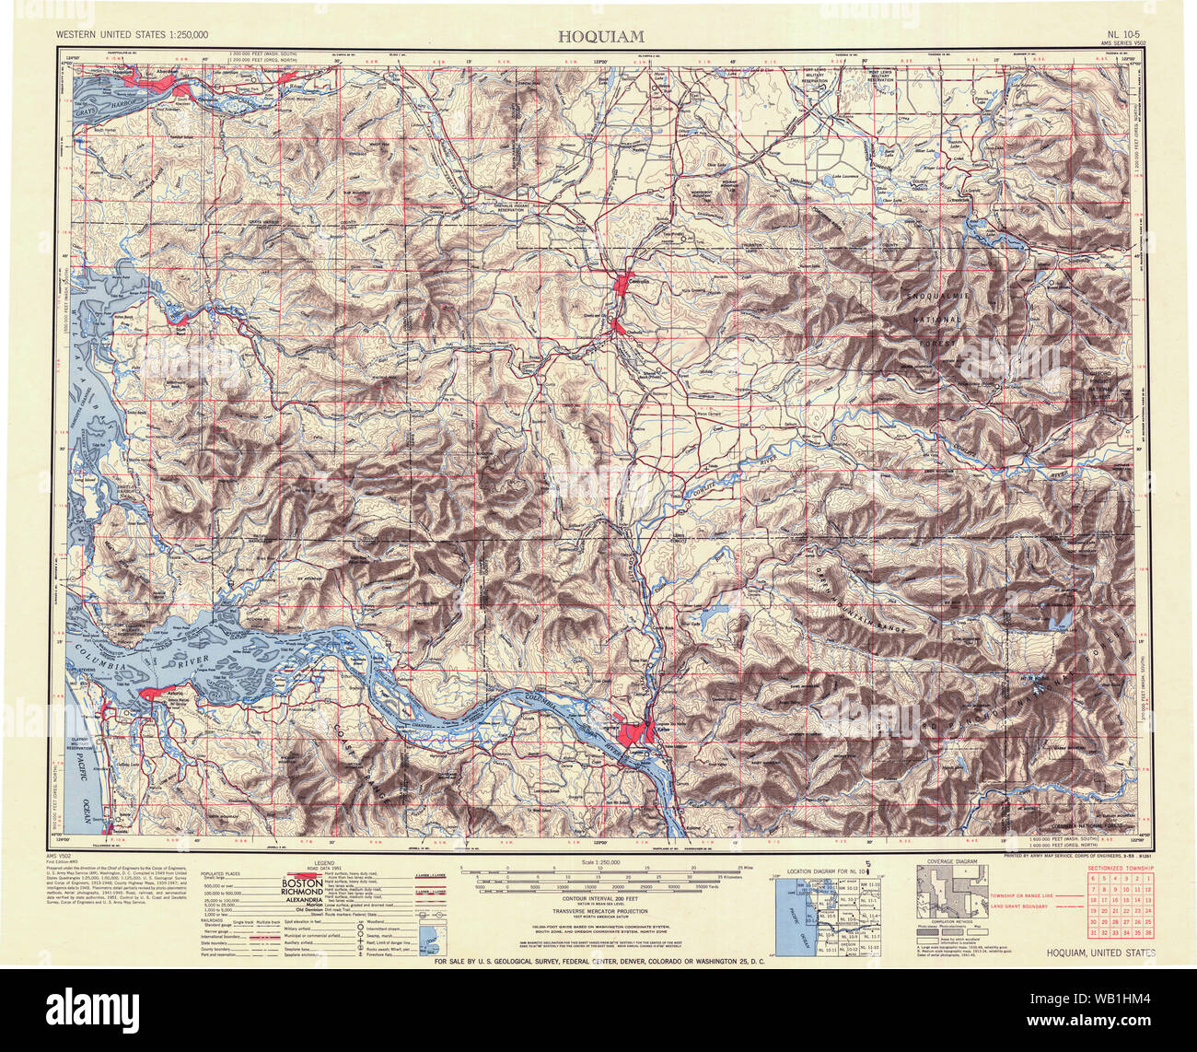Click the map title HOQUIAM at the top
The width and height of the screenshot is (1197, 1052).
[x=600, y=35]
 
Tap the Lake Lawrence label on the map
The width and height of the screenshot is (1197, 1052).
[x=850, y=176]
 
